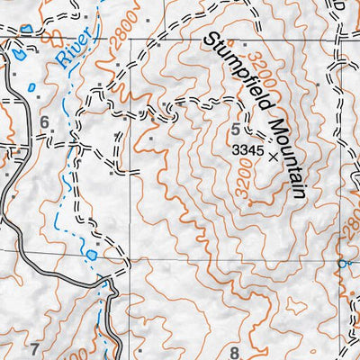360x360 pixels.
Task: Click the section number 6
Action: point(42,122)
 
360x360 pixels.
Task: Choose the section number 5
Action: point(238,128)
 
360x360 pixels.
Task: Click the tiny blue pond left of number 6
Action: point(31,88)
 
